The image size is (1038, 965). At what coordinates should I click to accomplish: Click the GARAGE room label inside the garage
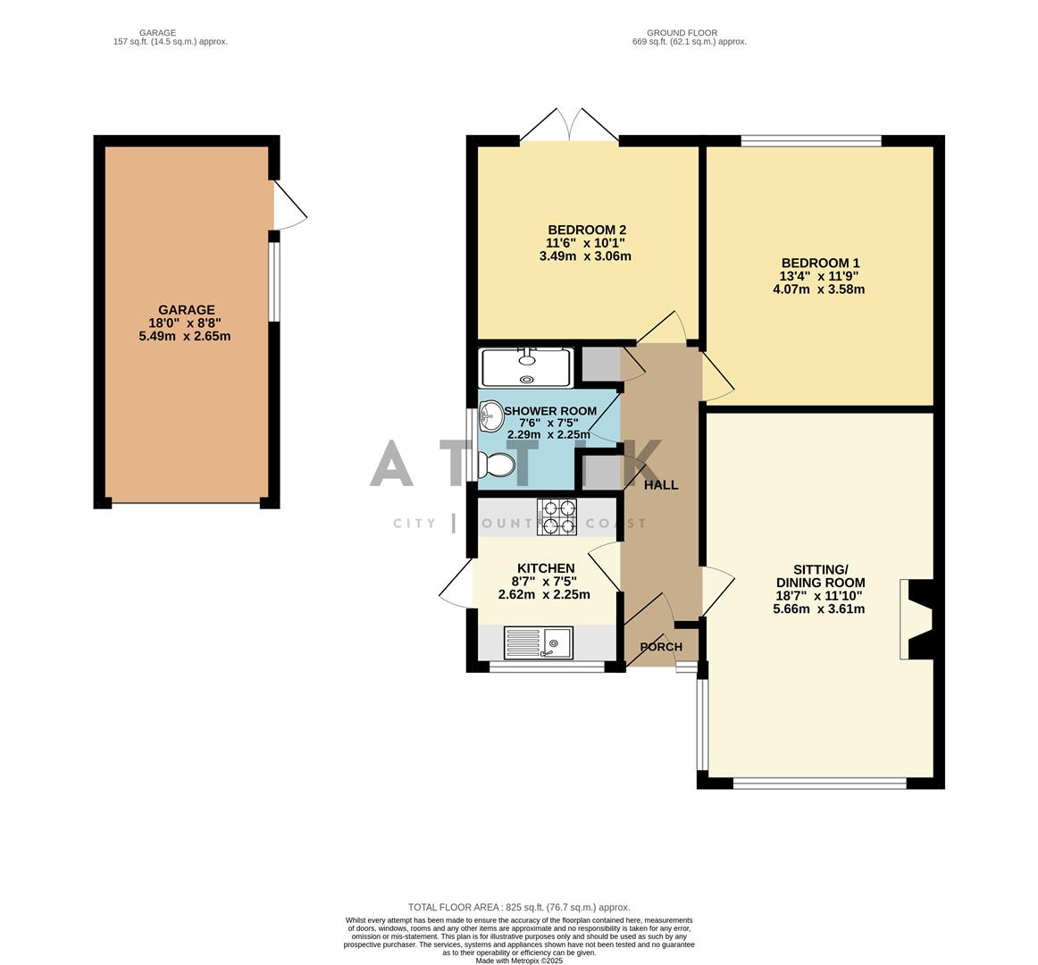coord(186,310)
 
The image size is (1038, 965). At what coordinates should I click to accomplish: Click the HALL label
coord(661,485)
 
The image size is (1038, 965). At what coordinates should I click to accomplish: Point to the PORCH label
coord(661,647)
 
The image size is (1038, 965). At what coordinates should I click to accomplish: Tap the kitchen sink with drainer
coord(538,642)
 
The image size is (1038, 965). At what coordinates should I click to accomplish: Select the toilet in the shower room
coord(497,466)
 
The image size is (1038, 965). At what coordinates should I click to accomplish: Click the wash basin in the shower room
coord(490,414)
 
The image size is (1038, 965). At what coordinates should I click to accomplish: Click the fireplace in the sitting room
coord(916,619)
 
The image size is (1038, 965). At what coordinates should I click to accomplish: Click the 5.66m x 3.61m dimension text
coord(818,609)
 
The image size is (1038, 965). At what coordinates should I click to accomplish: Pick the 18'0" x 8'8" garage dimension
coord(186,323)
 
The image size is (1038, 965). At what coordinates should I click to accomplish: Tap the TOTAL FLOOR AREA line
coord(519,907)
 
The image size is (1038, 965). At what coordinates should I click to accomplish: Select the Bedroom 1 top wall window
coord(810,140)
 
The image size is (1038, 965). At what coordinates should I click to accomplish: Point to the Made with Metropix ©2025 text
coord(519,961)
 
